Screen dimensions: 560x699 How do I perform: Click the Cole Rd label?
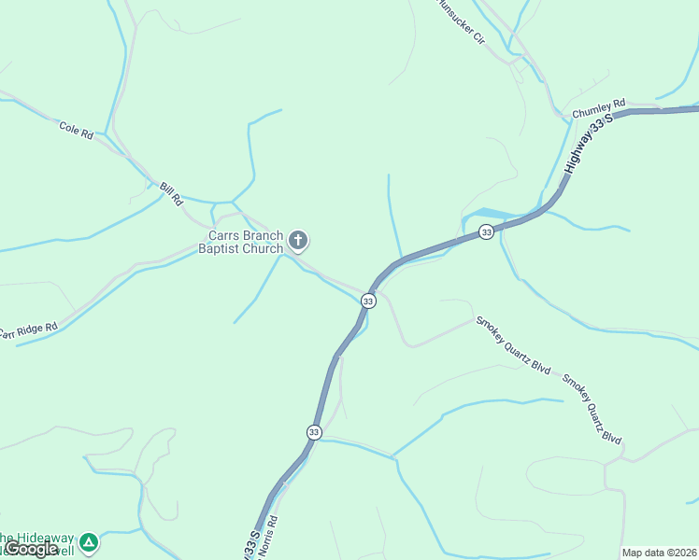click(76, 131)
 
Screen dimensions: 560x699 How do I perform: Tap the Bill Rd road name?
click(168, 194)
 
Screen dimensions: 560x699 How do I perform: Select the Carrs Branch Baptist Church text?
click(245, 243)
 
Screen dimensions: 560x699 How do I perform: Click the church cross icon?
click(298, 242)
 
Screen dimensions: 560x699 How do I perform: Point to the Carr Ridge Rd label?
click(28, 330)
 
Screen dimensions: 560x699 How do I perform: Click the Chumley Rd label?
click(598, 110)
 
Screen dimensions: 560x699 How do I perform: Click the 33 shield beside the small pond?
click(486, 231)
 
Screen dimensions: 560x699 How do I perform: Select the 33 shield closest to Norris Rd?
click(314, 432)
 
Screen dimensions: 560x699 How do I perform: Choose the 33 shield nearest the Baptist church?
click(368, 301)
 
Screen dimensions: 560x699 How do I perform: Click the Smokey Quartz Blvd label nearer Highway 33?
click(513, 345)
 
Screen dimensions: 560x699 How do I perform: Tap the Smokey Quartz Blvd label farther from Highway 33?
click(592, 409)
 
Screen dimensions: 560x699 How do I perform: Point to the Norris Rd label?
click(271, 532)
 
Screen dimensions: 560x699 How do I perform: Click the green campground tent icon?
click(88, 541)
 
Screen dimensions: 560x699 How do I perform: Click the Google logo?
click(31, 549)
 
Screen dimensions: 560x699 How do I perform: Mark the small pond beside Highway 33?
click(486, 214)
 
